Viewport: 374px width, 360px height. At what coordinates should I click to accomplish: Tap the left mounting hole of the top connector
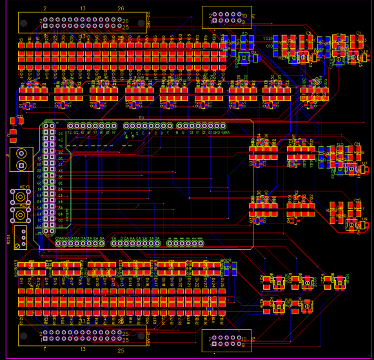(x=24, y=23)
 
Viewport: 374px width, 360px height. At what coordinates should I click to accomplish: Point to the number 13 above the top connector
(x=83, y=8)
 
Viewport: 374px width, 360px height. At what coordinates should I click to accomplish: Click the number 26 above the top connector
(x=121, y=8)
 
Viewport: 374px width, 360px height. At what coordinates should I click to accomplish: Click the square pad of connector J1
(x=21, y=166)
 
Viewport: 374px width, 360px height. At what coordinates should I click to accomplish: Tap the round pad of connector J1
(x=21, y=153)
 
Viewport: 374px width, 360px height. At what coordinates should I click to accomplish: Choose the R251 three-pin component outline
(x=21, y=236)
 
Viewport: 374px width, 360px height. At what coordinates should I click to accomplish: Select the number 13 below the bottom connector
(x=83, y=349)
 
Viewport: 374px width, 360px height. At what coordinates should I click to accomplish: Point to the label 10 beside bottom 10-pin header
(x=244, y=338)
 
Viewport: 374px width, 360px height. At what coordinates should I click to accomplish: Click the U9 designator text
(x=364, y=219)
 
